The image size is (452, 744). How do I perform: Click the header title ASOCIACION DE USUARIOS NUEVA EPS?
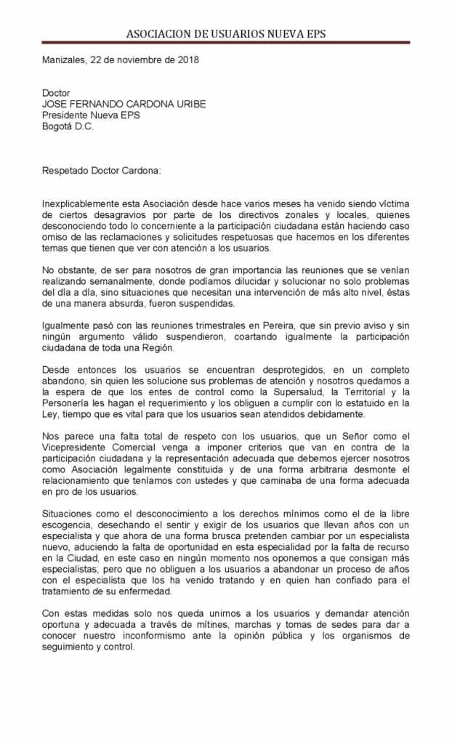225,33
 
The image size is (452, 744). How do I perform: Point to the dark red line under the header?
225,43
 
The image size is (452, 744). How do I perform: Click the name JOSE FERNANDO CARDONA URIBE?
124,104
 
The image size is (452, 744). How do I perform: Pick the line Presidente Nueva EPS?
91,115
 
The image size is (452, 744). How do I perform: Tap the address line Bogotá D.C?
68,126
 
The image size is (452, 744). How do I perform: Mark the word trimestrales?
195,325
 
